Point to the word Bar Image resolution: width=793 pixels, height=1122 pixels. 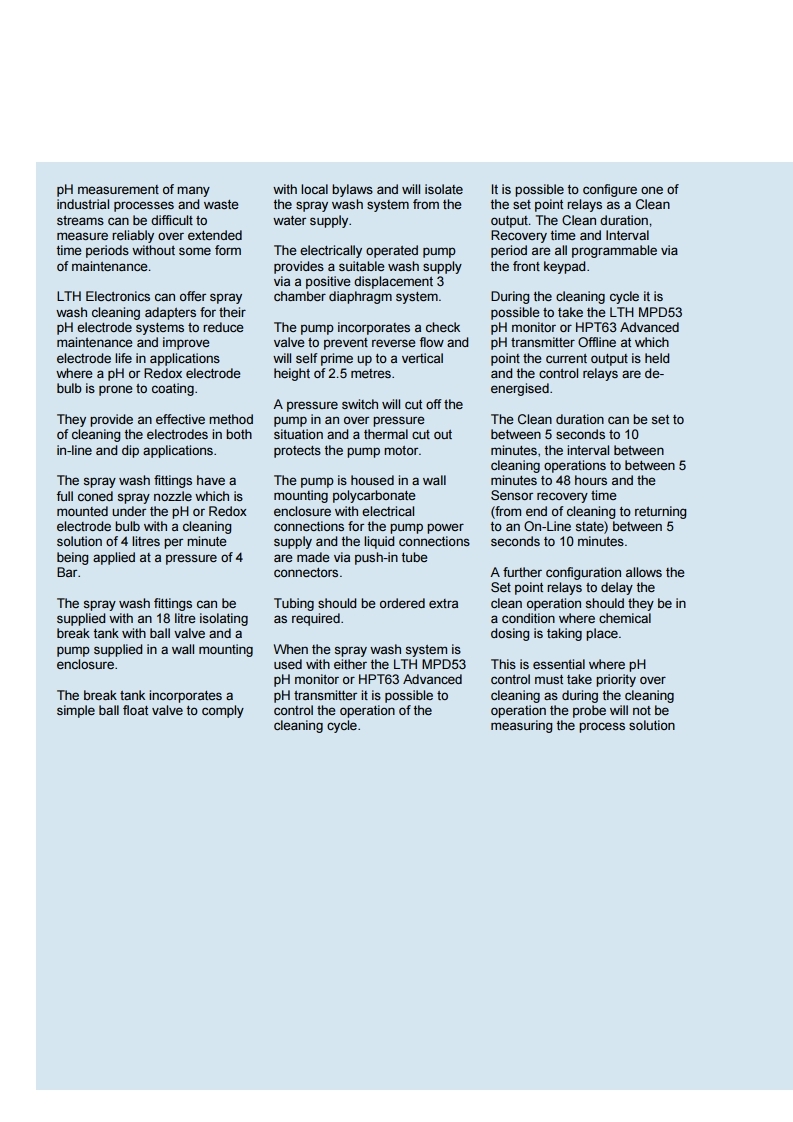point(68,573)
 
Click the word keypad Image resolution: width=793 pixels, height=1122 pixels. point(559,267)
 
